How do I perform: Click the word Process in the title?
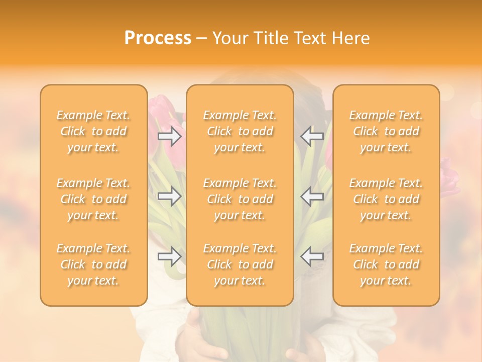pos(158,38)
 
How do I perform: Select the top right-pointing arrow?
pos(170,136)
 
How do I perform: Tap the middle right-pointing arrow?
pos(170,196)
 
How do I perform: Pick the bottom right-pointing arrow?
pos(170,256)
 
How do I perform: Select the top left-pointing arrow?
pos(312,136)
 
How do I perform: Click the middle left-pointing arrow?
pos(312,196)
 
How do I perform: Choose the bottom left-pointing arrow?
pos(312,256)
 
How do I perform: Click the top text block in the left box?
pos(93,131)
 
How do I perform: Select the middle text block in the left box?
pos(93,199)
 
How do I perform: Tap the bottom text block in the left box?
pos(93,264)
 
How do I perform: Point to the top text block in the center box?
pos(240,131)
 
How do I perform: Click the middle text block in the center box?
pos(240,199)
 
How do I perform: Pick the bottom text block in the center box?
pos(240,264)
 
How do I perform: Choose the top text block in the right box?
pos(386,131)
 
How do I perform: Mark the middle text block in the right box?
pos(386,199)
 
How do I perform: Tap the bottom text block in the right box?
pos(386,264)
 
